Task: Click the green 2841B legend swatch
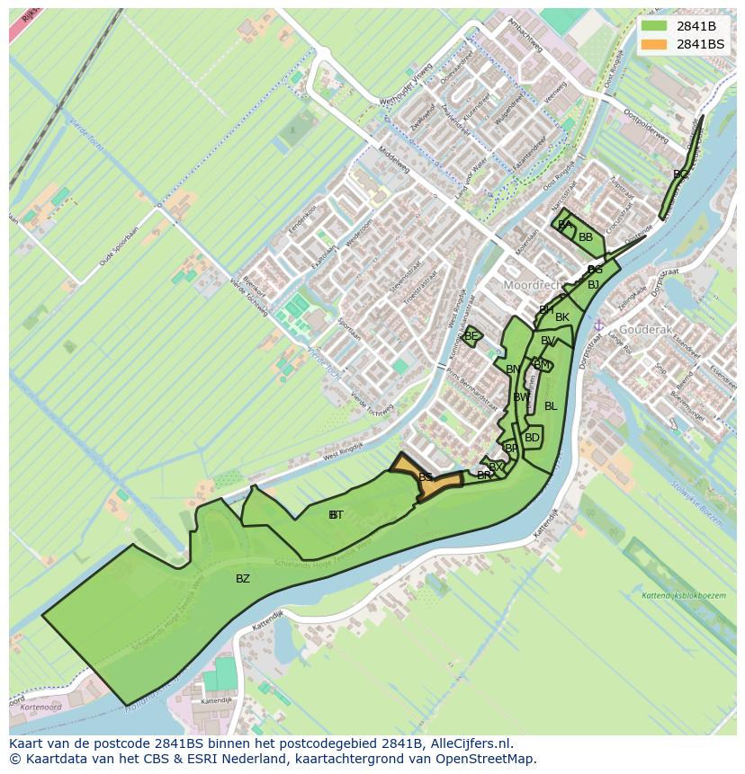coord(654,26)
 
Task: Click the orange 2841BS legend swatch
coord(654,44)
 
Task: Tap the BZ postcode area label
coord(243,579)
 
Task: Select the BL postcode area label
coord(551,406)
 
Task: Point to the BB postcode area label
coord(586,237)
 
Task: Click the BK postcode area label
coord(562,317)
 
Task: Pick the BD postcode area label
coord(532,438)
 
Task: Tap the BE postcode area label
coord(471,336)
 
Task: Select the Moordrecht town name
coord(530,285)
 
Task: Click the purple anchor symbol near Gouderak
coord(598,325)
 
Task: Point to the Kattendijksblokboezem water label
coord(684,596)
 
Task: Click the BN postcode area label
coord(513,369)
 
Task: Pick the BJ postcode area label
coord(593,285)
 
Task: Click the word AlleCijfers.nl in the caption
coord(471,743)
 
